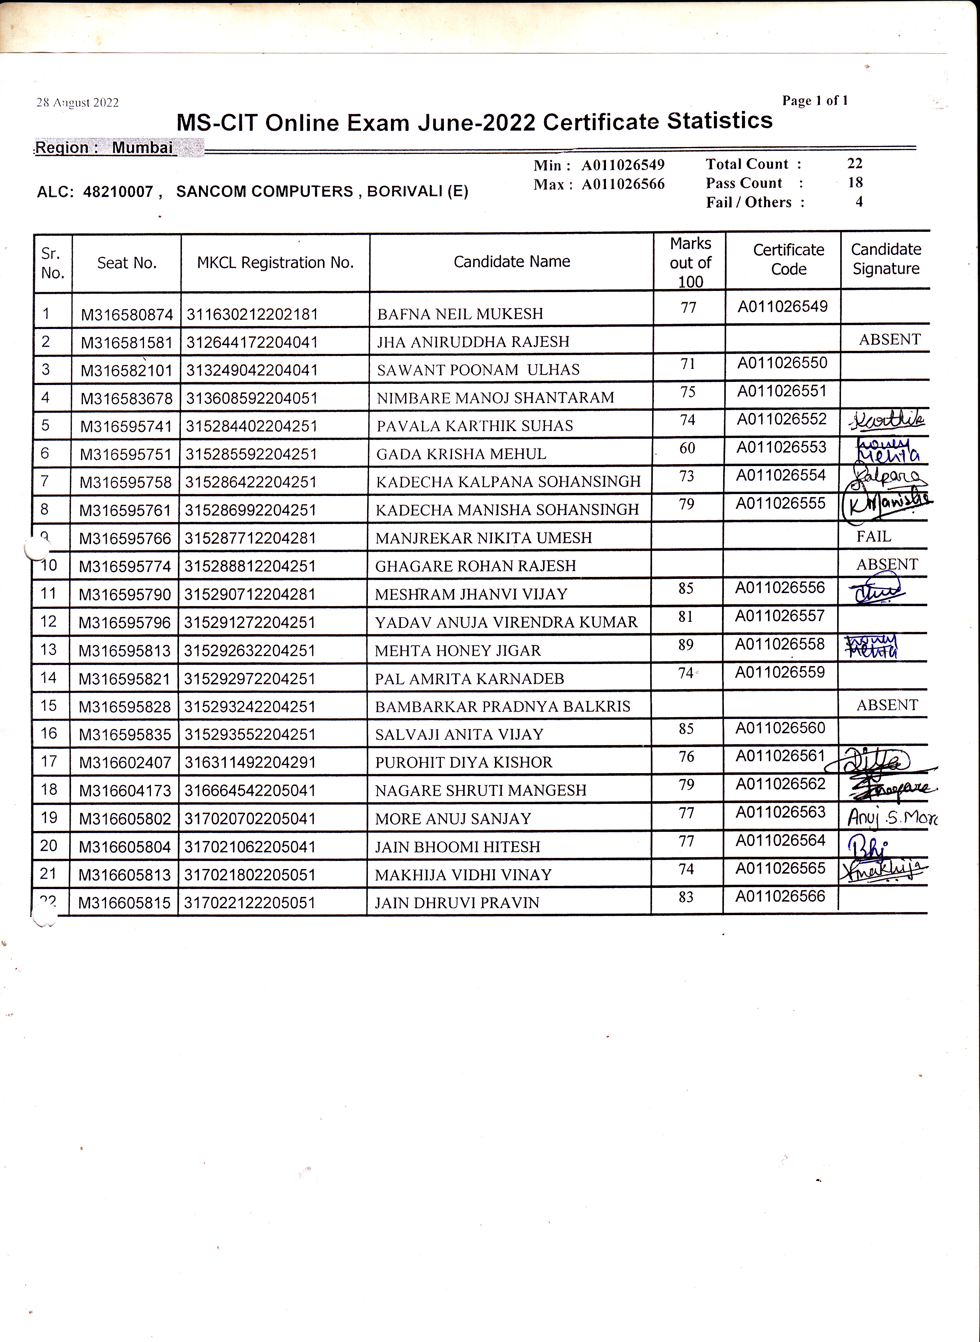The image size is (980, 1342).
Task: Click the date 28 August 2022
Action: tap(77, 102)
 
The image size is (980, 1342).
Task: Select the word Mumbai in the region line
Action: tap(142, 148)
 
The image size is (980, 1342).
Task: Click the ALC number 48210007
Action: tap(118, 192)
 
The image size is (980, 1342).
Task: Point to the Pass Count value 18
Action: tap(855, 183)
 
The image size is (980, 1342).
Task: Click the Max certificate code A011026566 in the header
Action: tap(623, 184)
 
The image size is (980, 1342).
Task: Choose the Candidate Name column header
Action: tap(512, 261)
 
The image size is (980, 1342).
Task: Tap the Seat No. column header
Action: tap(126, 263)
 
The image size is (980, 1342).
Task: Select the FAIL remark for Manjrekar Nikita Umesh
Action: tap(873, 537)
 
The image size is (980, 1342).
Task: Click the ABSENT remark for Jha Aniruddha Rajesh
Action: tap(889, 340)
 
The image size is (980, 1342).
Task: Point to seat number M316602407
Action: tap(124, 763)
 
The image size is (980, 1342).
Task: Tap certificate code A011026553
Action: tap(781, 447)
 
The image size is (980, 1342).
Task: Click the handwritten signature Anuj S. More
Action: tap(891, 818)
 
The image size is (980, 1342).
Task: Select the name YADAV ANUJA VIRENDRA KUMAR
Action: tap(506, 622)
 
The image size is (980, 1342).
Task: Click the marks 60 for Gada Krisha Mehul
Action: tap(687, 448)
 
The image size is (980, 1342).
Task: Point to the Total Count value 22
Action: tap(854, 164)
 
